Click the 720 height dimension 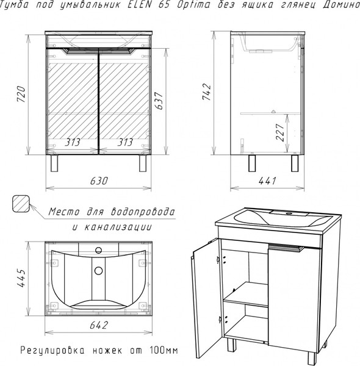pos(21,94)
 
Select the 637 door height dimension pos(159,101)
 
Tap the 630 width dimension pos(99,181)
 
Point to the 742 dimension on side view pos(207,91)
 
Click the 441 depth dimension pos(267,181)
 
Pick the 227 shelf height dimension pos(280,132)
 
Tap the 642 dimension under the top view pos(99,325)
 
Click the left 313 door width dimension pos(73,142)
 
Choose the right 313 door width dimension pos(125,142)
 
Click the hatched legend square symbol pos(21,204)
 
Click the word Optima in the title pos(193,5)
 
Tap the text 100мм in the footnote pos(164,350)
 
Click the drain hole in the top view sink pos(98,270)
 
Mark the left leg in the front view pos(54,163)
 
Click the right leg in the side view pos(295,163)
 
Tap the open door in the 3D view pos(207,299)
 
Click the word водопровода pos(143,212)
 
